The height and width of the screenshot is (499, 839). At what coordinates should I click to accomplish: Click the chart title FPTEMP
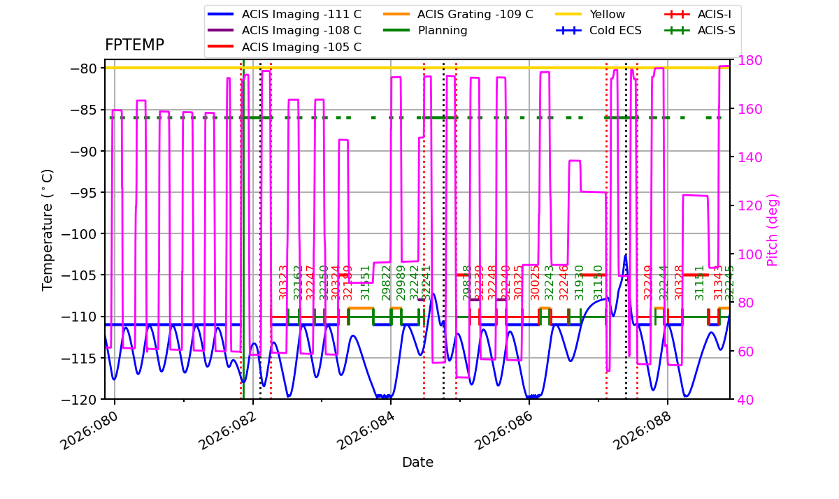[134, 45]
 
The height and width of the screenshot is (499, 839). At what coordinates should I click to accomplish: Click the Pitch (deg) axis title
[773, 230]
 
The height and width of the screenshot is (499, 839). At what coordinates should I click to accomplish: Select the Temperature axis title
[48, 229]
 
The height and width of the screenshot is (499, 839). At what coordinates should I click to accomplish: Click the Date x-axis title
[417, 463]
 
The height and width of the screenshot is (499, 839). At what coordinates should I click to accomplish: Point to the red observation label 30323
[283, 282]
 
